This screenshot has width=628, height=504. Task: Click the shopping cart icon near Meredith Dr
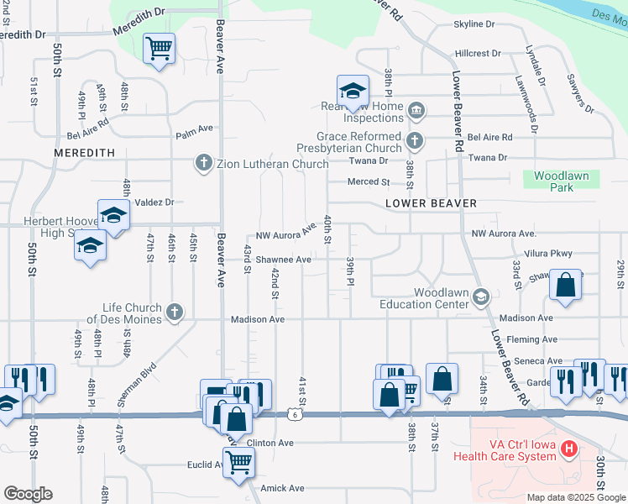click(159, 47)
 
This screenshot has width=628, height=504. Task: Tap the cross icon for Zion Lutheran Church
click(203, 163)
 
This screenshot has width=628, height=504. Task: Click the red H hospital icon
click(570, 449)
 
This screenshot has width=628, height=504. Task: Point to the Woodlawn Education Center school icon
click(481, 297)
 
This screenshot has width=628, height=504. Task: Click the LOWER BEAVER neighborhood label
click(431, 203)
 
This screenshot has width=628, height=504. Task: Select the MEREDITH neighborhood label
click(84, 153)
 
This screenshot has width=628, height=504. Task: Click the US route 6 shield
click(291, 414)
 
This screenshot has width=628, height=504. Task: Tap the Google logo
click(28, 494)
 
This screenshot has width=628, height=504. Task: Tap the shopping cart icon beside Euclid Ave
click(239, 461)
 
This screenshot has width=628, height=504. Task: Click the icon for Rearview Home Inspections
click(416, 111)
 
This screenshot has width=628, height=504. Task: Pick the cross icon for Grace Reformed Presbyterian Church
click(414, 141)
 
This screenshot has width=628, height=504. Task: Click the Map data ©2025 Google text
click(575, 497)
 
